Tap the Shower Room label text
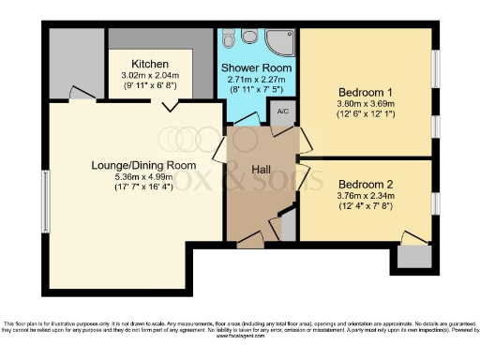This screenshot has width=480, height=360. click(256, 69)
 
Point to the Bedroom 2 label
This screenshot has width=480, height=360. click(367, 184)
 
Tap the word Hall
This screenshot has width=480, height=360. click(261, 169)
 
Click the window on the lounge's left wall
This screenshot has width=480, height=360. click(45, 201)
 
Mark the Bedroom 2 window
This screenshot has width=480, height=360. click(435, 202)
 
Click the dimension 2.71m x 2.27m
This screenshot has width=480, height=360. click(256, 82)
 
